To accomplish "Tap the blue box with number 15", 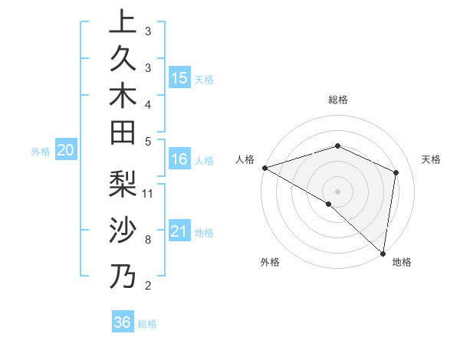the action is [x=179, y=78].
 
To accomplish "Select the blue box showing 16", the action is [x=179, y=159].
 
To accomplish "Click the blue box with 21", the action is [x=179, y=231].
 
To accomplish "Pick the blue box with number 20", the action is [x=66, y=151].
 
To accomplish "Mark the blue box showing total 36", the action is [x=122, y=322].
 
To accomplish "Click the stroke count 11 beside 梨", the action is [x=148, y=193].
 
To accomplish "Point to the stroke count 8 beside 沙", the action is [x=147, y=240].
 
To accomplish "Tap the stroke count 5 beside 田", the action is [x=147, y=141].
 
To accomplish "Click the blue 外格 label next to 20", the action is [x=41, y=152].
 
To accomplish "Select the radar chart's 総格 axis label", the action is [x=337, y=100].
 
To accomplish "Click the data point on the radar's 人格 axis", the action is [x=264, y=168].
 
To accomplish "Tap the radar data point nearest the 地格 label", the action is [x=383, y=252].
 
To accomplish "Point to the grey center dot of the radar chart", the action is [x=337, y=191].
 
